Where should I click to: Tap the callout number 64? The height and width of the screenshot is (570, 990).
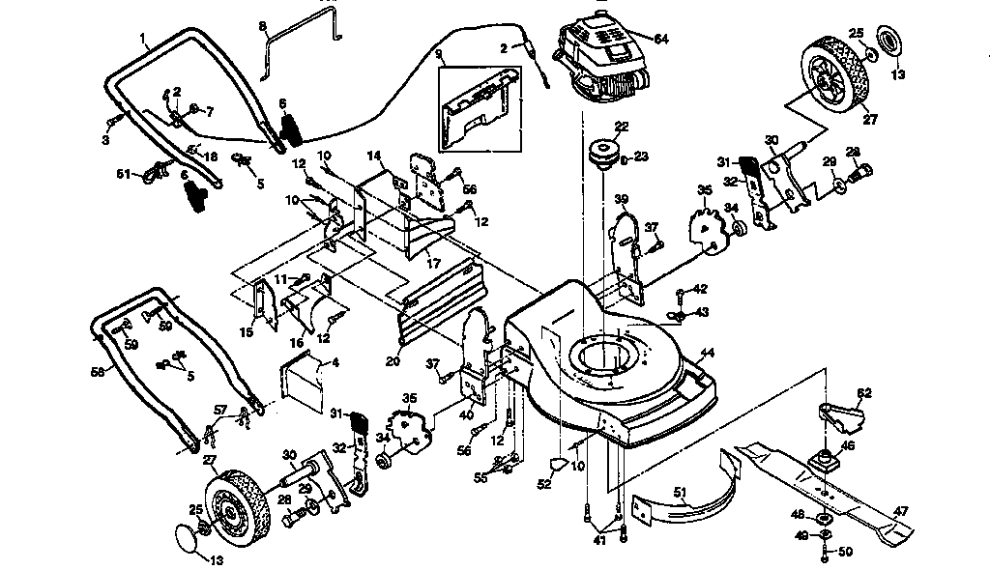point(661,39)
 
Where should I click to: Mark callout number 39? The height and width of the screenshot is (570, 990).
point(621,199)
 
